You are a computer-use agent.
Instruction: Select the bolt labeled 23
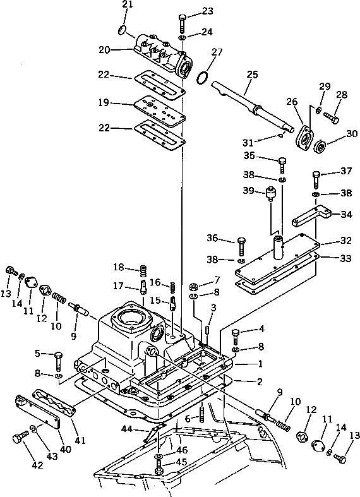(183, 23)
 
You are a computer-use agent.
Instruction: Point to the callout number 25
(252, 75)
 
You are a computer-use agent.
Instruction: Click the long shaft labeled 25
(252, 107)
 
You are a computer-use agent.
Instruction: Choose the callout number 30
(351, 134)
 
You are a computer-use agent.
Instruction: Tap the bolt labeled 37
(316, 180)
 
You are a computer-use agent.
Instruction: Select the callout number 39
(249, 191)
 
